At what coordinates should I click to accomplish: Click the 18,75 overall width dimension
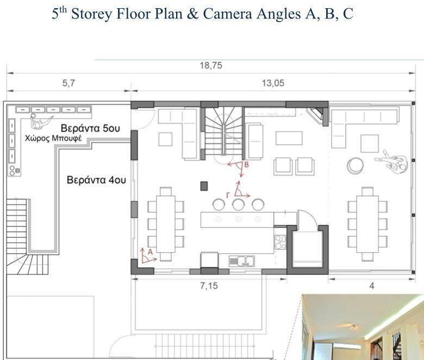tap(211, 65)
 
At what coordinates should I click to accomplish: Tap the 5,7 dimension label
tap(68, 83)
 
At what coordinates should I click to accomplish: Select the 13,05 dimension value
tap(273, 83)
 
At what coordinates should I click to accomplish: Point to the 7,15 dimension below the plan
tap(209, 285)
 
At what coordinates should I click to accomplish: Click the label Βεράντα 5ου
tap(90, 128)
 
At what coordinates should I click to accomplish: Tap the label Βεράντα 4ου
tap(96, 180)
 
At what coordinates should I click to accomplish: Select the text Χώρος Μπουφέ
tap(53, 139)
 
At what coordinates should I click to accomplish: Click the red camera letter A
tap(151, 252)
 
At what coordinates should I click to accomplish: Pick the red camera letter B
tap(246, 164)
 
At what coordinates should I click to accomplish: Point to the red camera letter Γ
tap(228, 195)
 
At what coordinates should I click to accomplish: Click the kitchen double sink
tap(242, 260)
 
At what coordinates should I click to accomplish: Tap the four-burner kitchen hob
tap(280, 242)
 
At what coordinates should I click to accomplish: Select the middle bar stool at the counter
tap(238, 204)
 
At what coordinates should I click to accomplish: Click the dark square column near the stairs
tap(204, 186)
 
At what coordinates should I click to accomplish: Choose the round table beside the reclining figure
tap(356, 165)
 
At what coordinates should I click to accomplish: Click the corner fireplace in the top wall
tap(315, 114)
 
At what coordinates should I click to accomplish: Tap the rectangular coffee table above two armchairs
tap(289, 138)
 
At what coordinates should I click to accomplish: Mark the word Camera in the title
tap(227, 14)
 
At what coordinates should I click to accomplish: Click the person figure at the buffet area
tap(41, 121)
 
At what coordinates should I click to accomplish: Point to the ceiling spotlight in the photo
tap(354, 327)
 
